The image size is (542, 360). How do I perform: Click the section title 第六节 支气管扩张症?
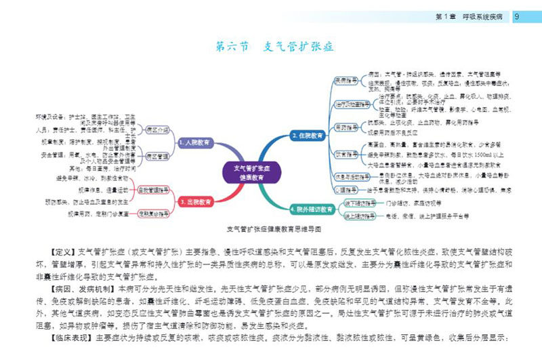pyautogui.click(x=274, y=47)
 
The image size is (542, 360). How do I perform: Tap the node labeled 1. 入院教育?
pyautogui.click(x=196, y=144)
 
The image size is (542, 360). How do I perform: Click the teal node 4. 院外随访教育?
pyautogui.click(x=312, y=209)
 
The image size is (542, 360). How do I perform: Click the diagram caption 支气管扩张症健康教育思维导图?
pyautogui.click(x=272, y=229)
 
